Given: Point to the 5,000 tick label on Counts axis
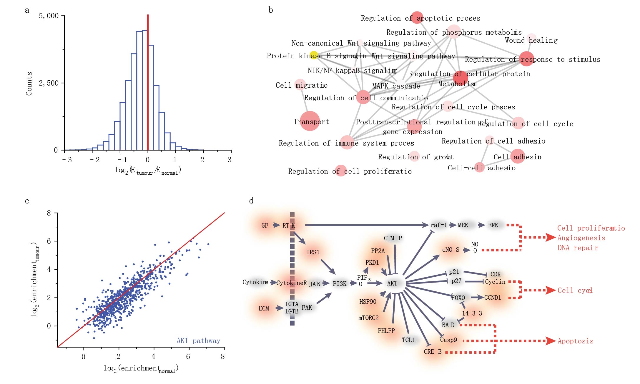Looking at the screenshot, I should pyautogui.click(x=49, y=16).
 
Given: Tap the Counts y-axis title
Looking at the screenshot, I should pyautogui.click(x=29, y=84).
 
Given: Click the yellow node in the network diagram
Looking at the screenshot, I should pyautogui.click(x=314, y=55).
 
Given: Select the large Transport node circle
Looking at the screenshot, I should pyautogui.click(x=310, y=121).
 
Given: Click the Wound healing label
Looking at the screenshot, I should pyautogui.click(x=531, y=40).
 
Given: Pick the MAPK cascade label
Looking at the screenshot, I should pyautogui.click(x=396, y=86).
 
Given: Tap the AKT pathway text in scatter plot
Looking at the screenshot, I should pyautogui.click(x=198, y=341).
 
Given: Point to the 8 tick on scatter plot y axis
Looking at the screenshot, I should pyautogui.click(x=49, y=213).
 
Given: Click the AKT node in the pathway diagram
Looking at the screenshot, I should pyautogui.click(x=392, y=283).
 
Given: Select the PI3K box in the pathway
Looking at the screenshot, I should pyautogui.click(x=340, y=284).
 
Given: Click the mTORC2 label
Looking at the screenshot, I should pyautogui.click(x=368, y=318).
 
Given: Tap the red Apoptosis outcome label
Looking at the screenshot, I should pyautogui.click(x=575, y=341).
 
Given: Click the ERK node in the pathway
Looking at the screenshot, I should pyautogui.click(x=493, y=225).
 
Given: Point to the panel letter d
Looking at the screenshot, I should pyautogui.click(x=251, y=201).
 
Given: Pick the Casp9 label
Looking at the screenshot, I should pyautogui.click(x=448, y=340).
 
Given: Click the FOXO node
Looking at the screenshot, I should pyautogui.click(x=458, y=298).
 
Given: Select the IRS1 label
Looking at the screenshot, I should pyautogui.click(x=313, y=252).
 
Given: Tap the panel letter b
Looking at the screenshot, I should pyautogui.click(x=270, y=10).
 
